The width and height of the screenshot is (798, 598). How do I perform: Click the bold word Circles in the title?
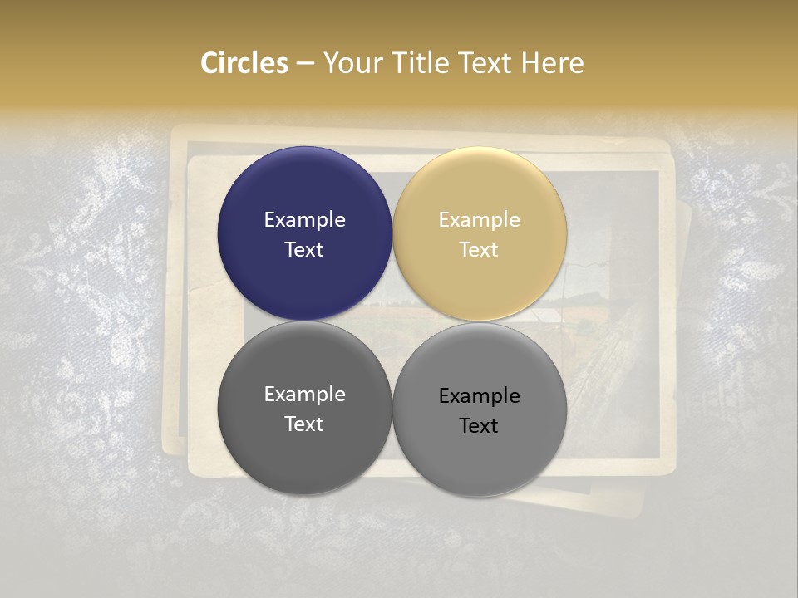[x=244, y=63]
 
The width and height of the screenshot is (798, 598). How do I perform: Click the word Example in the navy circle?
[x=304, y=220]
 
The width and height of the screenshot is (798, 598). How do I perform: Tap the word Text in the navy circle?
[x=304, y=250]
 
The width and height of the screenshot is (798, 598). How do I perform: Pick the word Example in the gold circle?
[x=480, y=220]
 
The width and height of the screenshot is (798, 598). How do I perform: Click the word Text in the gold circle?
[x=480, y=250]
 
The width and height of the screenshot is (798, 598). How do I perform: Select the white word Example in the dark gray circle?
[x=304, y=395]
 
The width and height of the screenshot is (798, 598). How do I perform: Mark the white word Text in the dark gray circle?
[x=304, y=424]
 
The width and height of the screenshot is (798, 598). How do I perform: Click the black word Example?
[x=480, y=396]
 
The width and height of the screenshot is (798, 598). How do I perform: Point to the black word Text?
[x=480, y=426]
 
